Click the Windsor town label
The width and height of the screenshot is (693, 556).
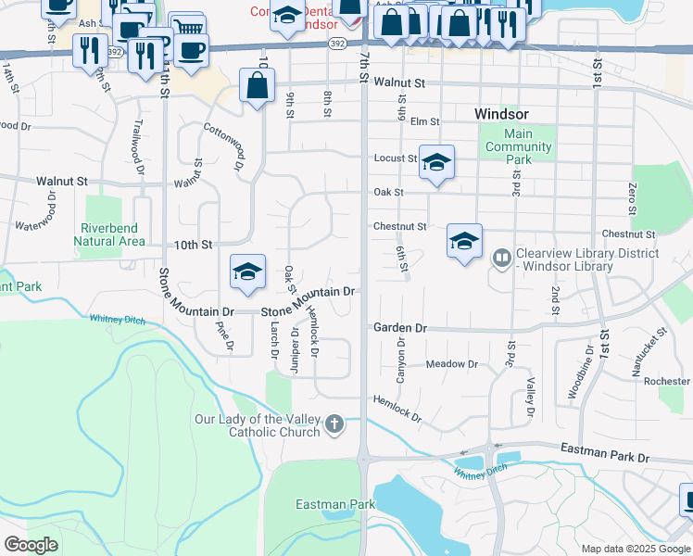501,113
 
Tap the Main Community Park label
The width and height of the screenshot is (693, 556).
519,146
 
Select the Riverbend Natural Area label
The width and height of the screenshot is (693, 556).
112,234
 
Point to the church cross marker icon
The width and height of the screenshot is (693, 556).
334,426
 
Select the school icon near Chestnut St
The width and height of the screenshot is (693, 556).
464,243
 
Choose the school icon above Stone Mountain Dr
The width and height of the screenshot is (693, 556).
247,272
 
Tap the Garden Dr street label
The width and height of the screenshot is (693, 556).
400,328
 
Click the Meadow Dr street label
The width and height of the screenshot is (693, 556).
452,364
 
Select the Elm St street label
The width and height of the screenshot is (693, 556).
424,120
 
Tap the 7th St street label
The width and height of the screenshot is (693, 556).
365,67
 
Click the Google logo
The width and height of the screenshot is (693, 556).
31,544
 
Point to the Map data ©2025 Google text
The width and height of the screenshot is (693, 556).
636,549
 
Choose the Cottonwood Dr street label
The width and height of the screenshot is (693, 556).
225,146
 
